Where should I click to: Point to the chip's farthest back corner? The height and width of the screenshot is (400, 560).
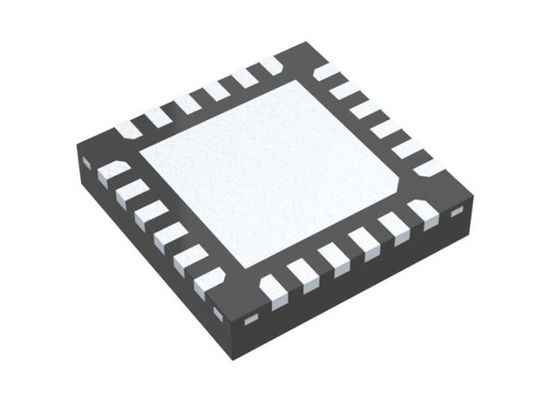tap(303, 42)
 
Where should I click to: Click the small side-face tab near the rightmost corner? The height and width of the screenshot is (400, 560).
tap(457, 212)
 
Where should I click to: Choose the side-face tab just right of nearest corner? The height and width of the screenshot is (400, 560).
tap(251, 318)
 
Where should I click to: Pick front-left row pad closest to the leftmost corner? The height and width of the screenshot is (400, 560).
tap(111, 173)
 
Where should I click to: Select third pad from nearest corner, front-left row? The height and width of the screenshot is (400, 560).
tap(170, 234)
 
